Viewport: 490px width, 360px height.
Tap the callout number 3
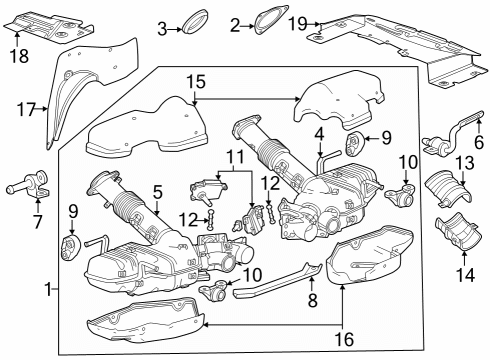(x=161, y=28)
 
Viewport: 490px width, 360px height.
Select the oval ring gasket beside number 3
(x=195, y=23)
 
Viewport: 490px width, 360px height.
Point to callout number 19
(x=298, y=22)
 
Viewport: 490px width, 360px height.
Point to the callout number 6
(x=477, y=143)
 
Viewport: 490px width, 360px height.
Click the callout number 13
(x=465, y=162)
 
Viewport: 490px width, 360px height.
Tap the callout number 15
(x=196, y=80)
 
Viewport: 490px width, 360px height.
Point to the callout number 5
(x=157, y=190)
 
